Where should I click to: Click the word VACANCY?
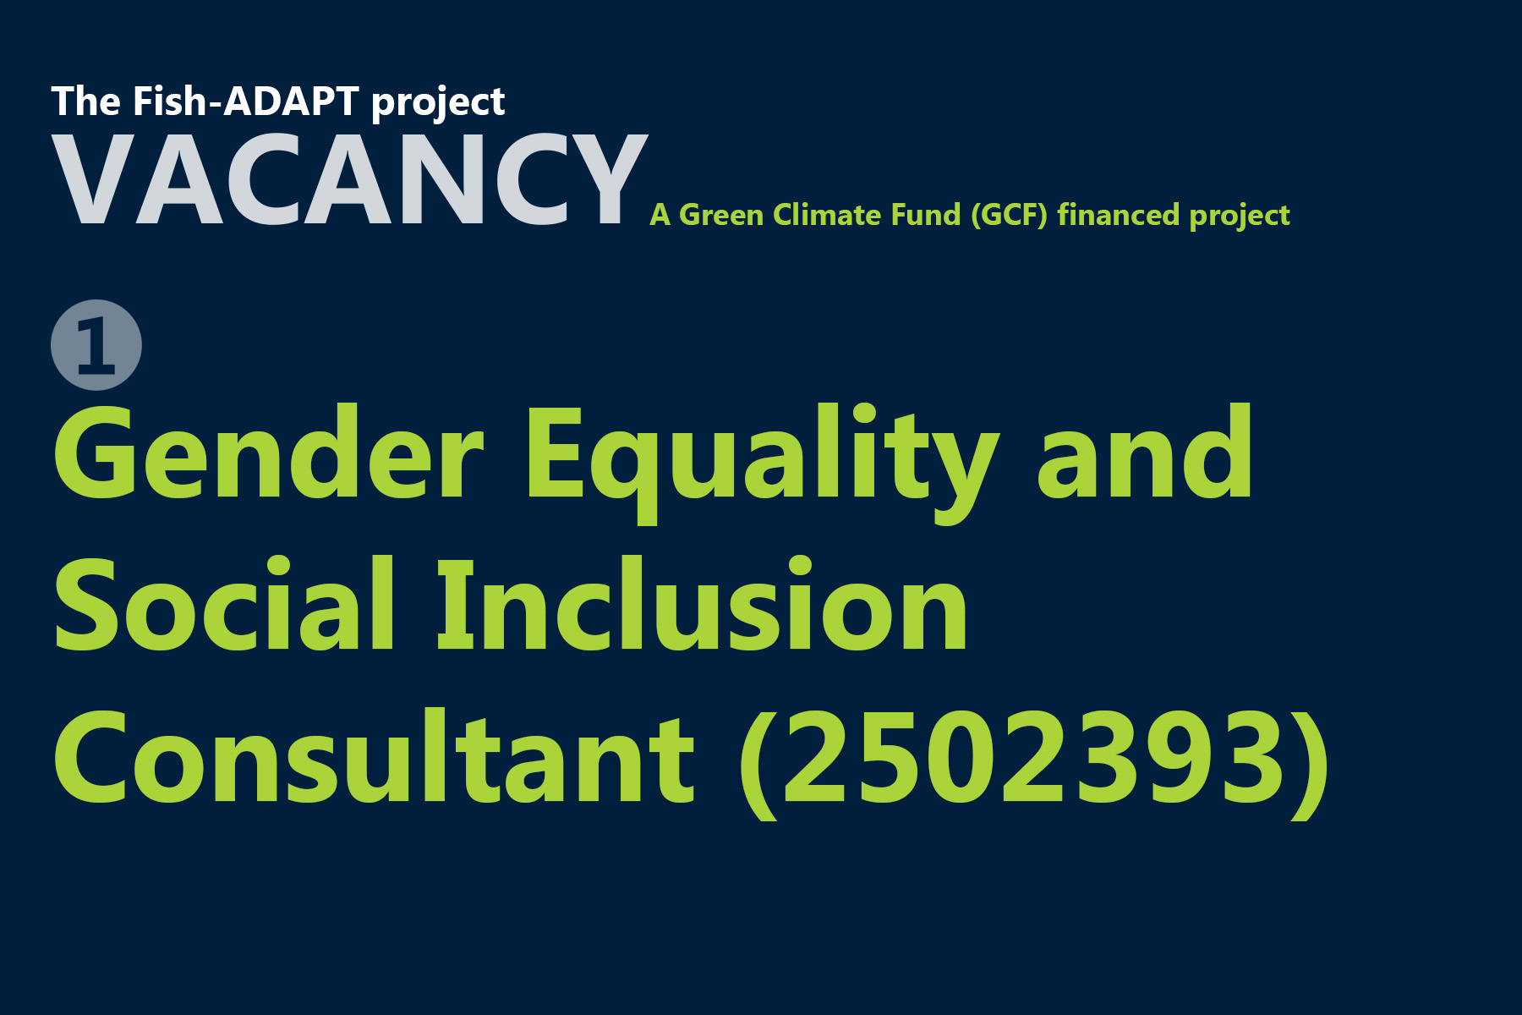click(349, 180)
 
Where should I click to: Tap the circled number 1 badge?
click(96, 345)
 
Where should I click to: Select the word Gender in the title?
click(268, 453)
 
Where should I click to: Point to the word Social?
click(224, 606)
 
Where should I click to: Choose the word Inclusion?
click(702, 606)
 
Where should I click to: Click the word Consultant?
click(375, 757)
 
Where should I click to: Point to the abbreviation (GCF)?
click(1009, 215)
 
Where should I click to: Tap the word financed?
click(1118, 215)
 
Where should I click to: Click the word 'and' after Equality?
click(1145, 453)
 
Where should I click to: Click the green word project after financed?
click(1240, 217)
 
